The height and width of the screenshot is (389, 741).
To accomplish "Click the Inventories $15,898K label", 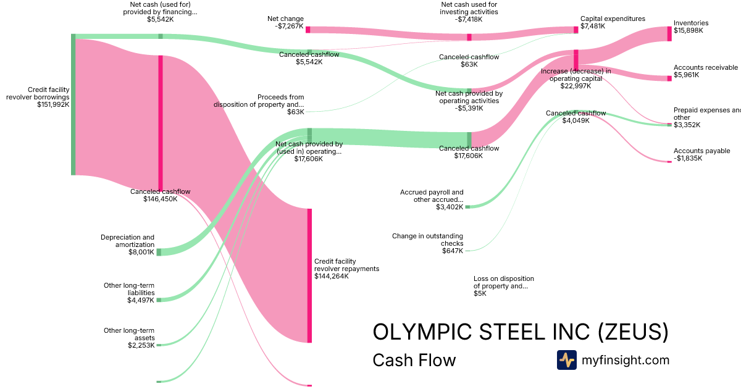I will (691, 27).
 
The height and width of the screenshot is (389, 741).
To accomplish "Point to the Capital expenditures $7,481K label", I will (612, 22).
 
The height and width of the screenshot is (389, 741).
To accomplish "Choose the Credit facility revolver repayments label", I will (346, 269).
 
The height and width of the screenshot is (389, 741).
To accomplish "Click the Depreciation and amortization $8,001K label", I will (127, 244).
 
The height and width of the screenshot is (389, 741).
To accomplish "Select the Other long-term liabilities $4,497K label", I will (129, 293).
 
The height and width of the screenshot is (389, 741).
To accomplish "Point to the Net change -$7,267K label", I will (285, 23).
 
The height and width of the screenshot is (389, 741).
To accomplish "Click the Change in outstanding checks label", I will (427, 243).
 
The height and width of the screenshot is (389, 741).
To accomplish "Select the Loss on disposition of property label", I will (503, 286).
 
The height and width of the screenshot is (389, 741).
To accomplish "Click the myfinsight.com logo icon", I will (566, 360).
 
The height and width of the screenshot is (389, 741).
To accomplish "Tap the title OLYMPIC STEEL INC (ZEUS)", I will (520, 332).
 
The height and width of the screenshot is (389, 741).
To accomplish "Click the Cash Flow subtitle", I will (414, 360).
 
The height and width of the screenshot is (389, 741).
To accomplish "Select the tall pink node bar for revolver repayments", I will (309, 275).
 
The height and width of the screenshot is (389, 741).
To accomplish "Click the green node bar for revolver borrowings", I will (73, 105).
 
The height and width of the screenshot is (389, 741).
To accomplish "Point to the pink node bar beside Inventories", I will (669, 34).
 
